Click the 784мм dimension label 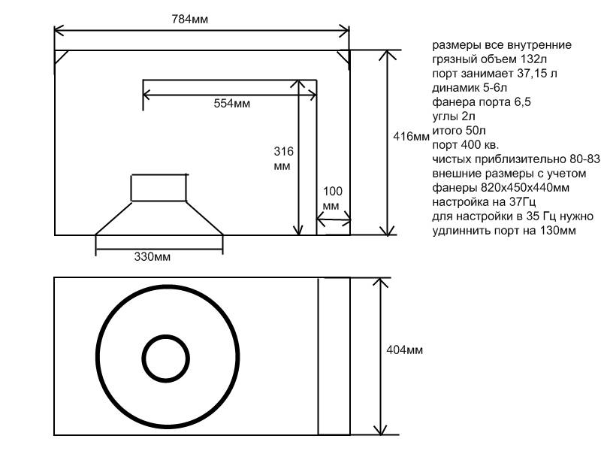coord(190,20)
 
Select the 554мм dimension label coord(232,104)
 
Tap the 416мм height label coord(411,137)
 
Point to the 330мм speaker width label coord(153,256)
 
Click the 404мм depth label coord(404,350)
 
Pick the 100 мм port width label coord(332,198)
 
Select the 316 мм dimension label coord(284,159)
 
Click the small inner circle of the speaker coord(165,359)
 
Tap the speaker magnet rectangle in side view coord(159,187)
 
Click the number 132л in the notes coord(533,59)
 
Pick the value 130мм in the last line coord(557,231)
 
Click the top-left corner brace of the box coord(62,58)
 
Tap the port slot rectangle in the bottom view coord(334,356)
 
